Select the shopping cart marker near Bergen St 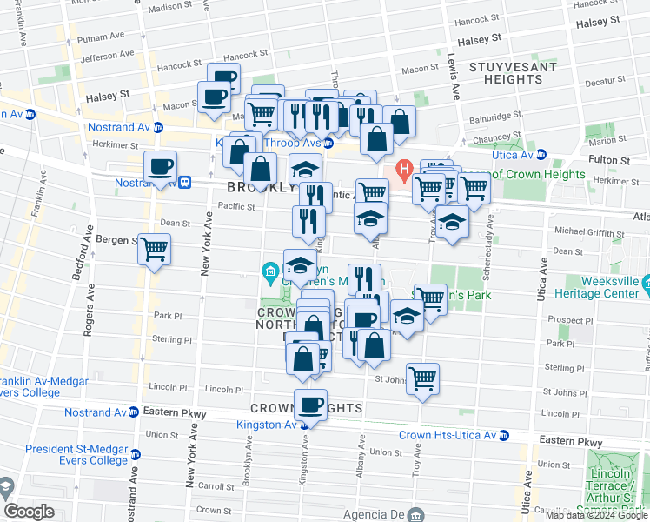coord(155,250)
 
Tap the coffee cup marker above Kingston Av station coord(310,404)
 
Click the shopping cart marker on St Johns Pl coord(422,378)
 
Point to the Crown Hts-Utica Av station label coord(454,435)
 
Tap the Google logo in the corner coord(28,512)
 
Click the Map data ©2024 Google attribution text coord(596,515)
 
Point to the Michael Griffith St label coord(589,234)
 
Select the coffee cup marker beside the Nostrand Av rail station coord(160,166)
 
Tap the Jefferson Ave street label coord(106,55)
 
